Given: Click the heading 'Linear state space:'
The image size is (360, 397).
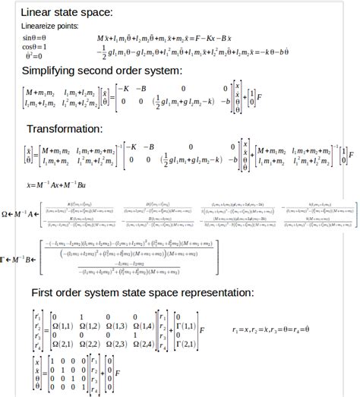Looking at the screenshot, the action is (x=67, y=12).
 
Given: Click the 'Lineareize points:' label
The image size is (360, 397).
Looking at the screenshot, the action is (x=51, y=26).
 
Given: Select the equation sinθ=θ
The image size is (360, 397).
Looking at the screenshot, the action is (x=34, y=37).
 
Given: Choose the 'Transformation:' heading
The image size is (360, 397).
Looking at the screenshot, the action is (x=65, y=128).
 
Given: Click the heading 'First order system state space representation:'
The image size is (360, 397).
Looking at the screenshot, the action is (x=142, y=293).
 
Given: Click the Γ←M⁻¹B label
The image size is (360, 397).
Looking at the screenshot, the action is (x=20, y=259).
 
